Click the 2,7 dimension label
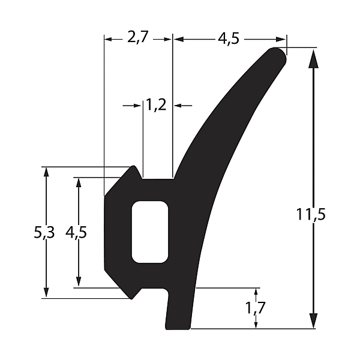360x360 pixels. [138, 37]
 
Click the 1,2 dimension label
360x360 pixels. [156, 105]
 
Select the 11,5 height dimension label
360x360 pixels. [311, 214]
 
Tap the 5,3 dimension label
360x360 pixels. [44, 232]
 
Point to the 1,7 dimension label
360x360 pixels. [256, 308]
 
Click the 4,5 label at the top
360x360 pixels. [229, 38]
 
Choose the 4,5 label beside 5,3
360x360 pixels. [76, 232]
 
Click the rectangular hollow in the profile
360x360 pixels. [149, 232]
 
